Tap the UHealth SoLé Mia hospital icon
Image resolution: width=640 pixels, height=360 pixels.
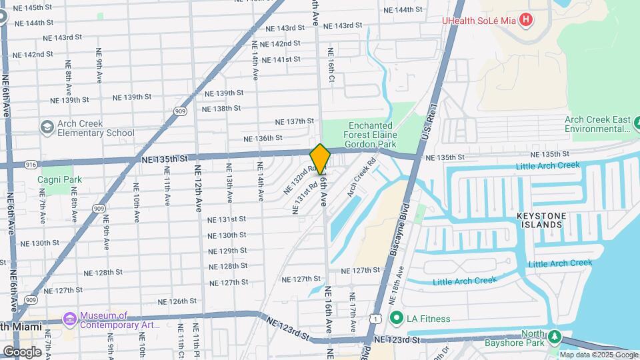pyautogui.click(x=526, y=19)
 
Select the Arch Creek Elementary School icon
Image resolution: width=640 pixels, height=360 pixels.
pyautogui.click(x=47, y=127)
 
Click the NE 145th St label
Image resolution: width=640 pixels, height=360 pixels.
pyautogui.click(x=32, y=7)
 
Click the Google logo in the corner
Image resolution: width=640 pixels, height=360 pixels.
pyautogui.click(x=22, y=351)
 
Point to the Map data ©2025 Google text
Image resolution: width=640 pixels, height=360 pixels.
pyautogui.click(x=598, y=355)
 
